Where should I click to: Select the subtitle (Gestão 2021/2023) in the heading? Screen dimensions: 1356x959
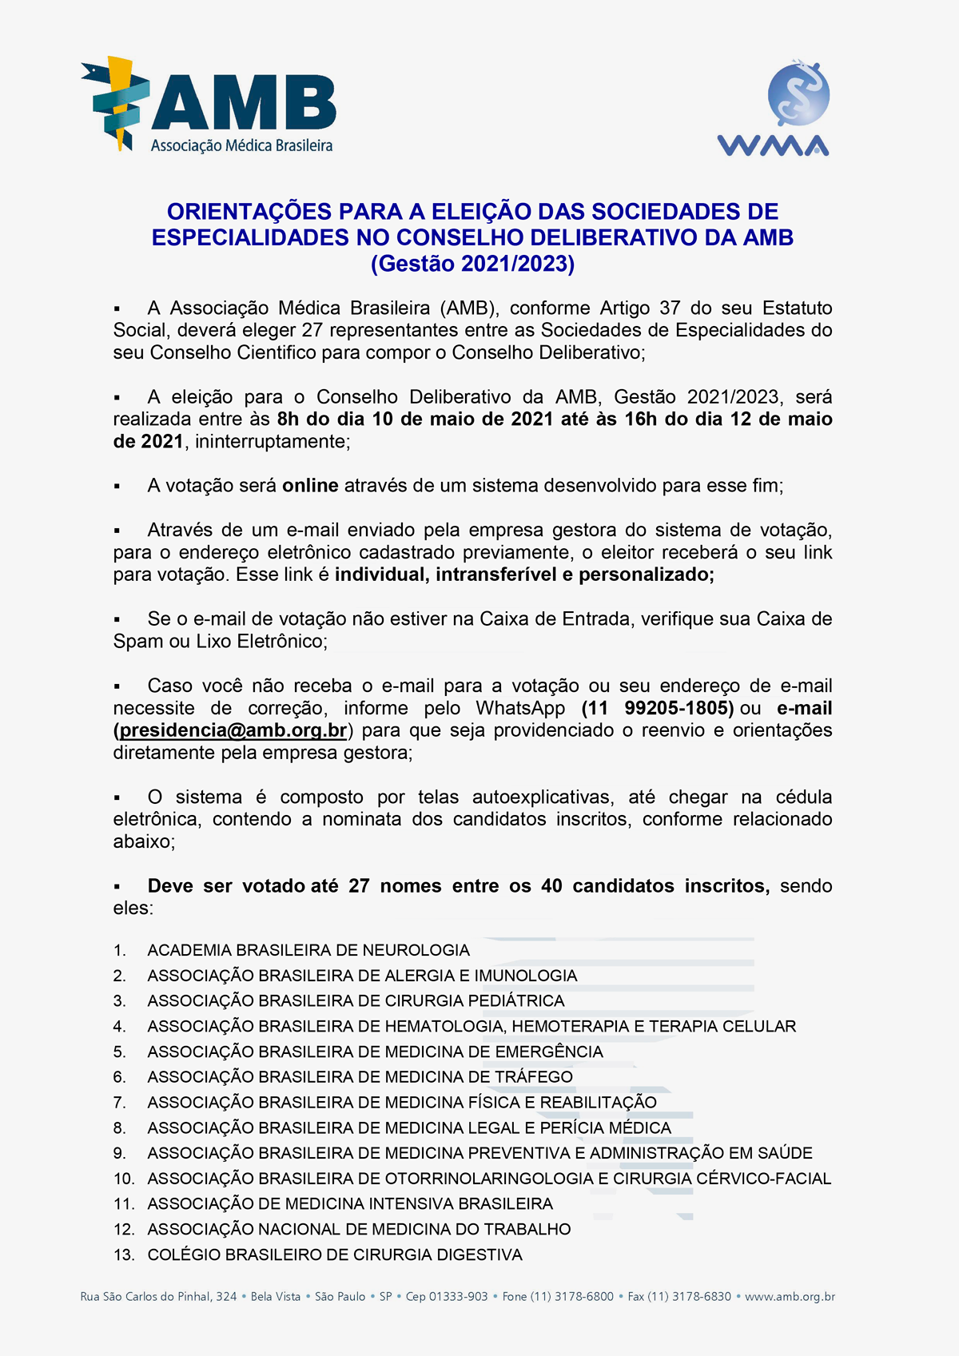(472, 264)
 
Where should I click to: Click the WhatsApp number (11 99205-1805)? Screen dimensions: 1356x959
(658, 708)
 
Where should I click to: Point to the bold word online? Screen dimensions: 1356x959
(310, 486)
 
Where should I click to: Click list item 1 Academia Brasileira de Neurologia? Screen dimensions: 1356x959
(308, 950)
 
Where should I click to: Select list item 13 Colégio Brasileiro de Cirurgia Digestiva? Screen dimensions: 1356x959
(334, 1255)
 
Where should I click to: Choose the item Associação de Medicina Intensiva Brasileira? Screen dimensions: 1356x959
(350, 1203)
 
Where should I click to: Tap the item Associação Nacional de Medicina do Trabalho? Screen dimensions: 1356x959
(359, 1229)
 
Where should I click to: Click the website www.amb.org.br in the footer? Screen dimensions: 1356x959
(790, 1296)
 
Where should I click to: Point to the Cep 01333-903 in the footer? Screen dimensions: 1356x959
(447, 1296)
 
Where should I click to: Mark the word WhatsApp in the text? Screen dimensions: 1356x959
(520, 708)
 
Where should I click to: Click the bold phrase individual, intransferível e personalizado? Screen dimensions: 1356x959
(524, 575)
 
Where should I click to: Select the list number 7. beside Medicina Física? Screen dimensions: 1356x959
(119, 1103)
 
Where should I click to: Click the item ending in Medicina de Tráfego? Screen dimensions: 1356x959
(360, 1076)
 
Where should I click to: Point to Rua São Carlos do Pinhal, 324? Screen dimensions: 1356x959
(158, 1296)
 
